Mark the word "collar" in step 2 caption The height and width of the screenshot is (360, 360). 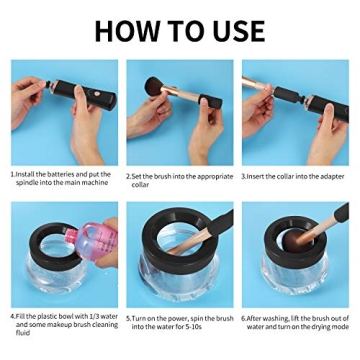(x=141, y=184)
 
